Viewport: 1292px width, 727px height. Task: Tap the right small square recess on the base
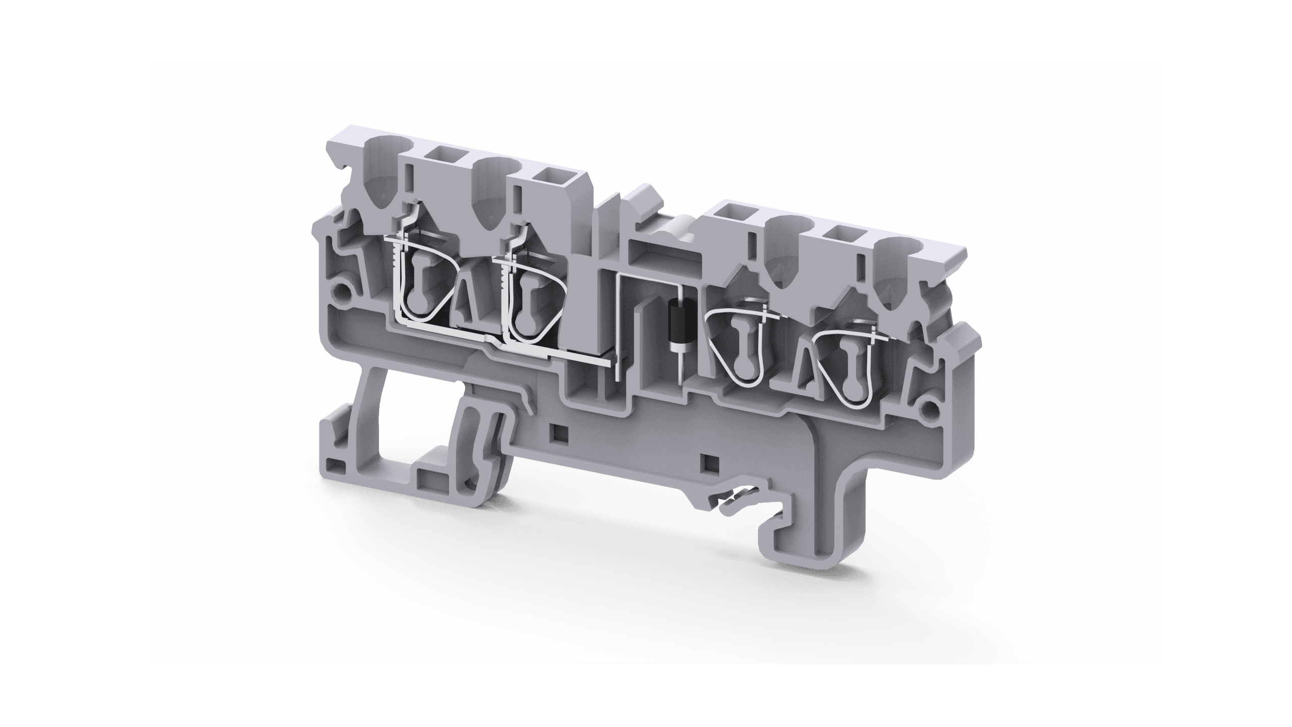(712, 461)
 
